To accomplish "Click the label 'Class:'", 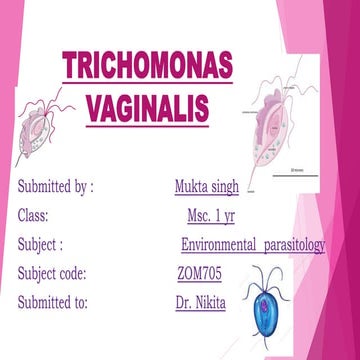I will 34,215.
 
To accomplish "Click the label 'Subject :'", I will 41,243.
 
